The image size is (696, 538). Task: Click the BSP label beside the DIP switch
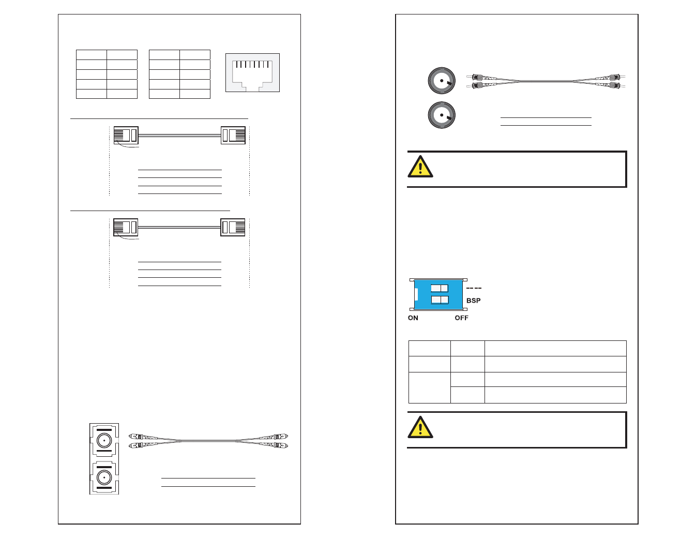click(x=474, y=301)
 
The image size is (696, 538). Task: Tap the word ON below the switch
click(x=413, y=318)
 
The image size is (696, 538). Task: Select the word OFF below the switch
click(x=462, y=318)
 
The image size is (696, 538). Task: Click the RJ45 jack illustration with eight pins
click(x=252, y=73)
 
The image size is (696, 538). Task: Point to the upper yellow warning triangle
click(x=420, y=167)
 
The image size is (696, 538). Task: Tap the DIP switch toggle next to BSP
click(x=440, y=300)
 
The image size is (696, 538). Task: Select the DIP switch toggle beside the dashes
click(x=440, y=288)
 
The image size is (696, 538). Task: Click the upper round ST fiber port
click(x=442, y=80)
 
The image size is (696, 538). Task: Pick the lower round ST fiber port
click(x=442, y=115)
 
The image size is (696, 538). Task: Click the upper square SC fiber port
click(x=104, y=441)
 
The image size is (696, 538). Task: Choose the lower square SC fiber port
click(x=104, y=478)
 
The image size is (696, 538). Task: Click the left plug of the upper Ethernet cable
click(x=126, y=135)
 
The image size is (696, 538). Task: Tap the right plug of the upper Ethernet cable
click(x=233, y=135)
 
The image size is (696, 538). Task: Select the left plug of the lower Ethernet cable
click(x=126, y=227)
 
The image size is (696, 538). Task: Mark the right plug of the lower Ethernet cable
click(x=233, y=227)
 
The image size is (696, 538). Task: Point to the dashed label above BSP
click(x=474, y=288)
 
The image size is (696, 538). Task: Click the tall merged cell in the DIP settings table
click(x=430, y=387)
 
